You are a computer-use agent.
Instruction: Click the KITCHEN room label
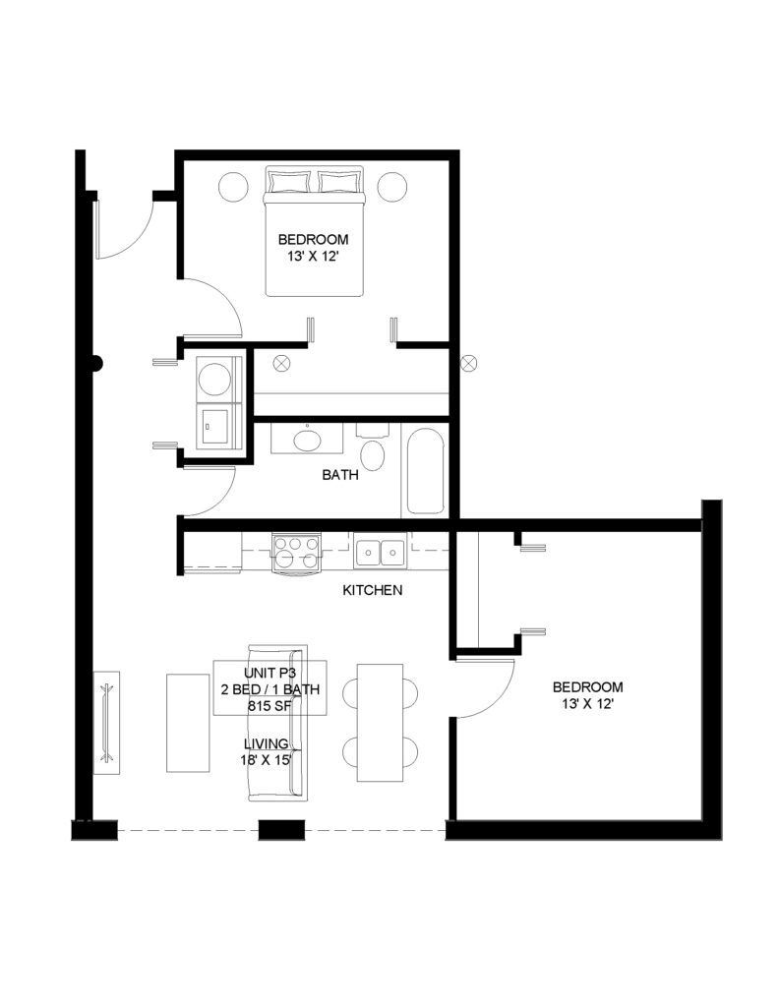coord(373,590)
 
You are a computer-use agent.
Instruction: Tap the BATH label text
coord(340,475)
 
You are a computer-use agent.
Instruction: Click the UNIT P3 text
coord(269,673)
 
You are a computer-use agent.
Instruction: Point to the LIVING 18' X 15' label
coord(267,752)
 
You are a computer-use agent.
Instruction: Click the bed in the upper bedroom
coord(315,232)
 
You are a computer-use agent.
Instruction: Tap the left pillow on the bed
coord(290,181)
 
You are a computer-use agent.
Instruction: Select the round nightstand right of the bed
coord(391,187)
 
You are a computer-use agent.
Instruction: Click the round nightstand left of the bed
coord(233,187)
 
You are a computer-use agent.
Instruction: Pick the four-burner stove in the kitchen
coord(296,552)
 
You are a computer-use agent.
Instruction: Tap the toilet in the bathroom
coord(373,447)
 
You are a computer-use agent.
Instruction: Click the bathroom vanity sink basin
coord(307,441)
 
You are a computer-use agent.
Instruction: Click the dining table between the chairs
coord(381,723)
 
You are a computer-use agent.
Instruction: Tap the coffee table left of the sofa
coord(188,723)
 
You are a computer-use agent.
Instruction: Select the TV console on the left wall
coord(106,723)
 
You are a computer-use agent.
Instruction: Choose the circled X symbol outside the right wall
coord(469,363)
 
